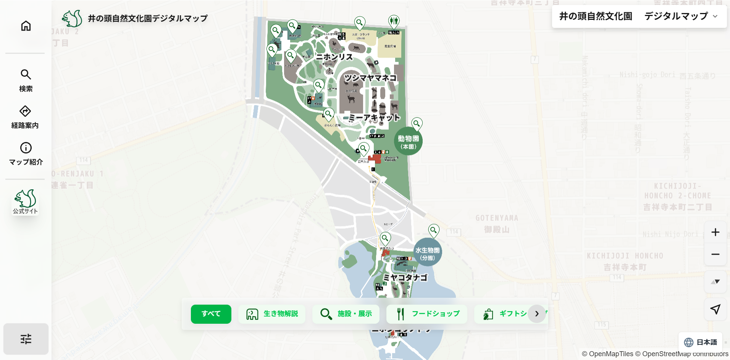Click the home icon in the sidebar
(x=26, y=26)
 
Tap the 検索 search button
(x=26, y=80)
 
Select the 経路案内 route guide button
(x=25, y=117)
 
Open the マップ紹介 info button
(x=26, y=153)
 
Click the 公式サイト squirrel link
(x=25, y=202)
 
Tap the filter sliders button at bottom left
(x=26, y=339)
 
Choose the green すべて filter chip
(x=211, y=314)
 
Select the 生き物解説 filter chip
(x=272, y=314)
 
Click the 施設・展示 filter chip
(x=346, y=314)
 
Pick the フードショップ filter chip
(x=427, y=314)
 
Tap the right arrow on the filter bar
(x=537, y=314)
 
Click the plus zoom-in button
(x=715, y=232)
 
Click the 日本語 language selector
(x=701, y=342)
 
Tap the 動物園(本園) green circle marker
(x=408, y=142)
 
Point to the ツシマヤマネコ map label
(x=370, y=78)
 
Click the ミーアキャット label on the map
(x=375, y=118)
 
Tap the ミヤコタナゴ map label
(x=405, y=278)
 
